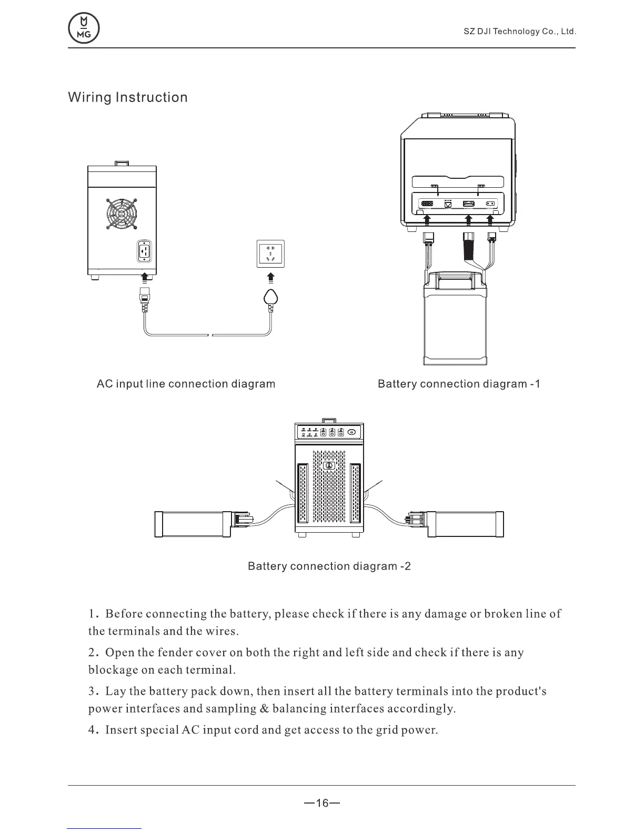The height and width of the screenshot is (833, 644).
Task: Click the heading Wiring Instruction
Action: pyautogui.click(x=128, y=98)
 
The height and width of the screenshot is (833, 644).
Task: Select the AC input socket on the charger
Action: pyautogui.click(x=145, y=251)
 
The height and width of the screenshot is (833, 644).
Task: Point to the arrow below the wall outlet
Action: pyautogui.click(x=270, y=278)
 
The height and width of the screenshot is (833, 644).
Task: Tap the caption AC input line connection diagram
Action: pyautogui.click(x=186, y=384)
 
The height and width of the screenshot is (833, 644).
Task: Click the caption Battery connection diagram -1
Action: pyautogui.click(x=459, y=384)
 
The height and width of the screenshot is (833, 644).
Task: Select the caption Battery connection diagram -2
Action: pyautogui.click(x=329, y=566)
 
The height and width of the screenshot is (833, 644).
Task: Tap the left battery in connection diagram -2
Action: pyautogui.click(x=192, y=524)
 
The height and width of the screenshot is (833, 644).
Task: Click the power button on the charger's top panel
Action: pyautogui.click(x=352, y=432)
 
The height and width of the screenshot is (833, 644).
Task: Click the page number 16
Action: pyautogui.click(x=322, y=803)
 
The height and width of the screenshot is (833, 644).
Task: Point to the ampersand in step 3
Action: pyautogui.click(x=265, y=708)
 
